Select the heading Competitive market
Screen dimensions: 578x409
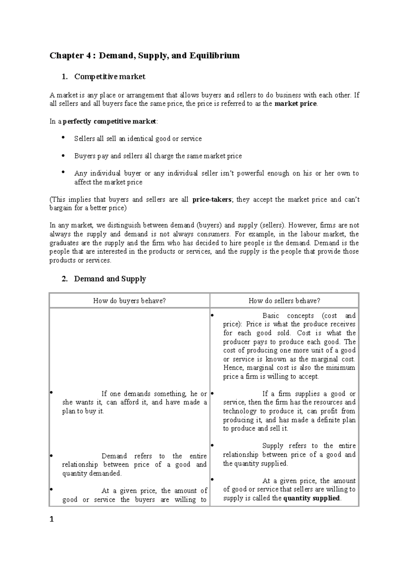pos(109,77)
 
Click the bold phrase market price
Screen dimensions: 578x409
pos(295,104)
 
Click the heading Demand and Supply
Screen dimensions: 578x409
pos(110,279)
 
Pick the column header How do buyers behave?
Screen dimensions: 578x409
pos(129,301)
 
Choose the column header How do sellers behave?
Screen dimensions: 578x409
pos(284,301)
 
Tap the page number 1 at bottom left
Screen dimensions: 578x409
pos(52,519)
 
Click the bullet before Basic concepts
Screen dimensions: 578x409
pos(212,315)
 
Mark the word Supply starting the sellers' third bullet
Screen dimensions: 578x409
pos(273,446)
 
